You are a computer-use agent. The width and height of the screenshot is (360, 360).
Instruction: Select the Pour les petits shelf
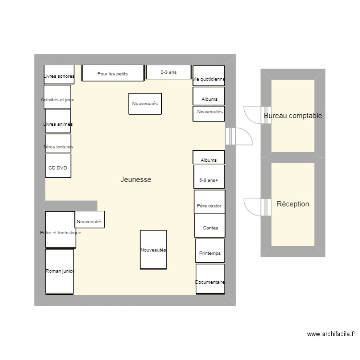pos(113,73)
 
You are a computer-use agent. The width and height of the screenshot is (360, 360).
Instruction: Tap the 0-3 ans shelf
pos(168,72)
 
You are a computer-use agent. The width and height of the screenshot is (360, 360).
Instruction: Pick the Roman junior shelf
pos(60,271)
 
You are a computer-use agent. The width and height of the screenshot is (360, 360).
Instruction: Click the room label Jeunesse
pos(136,180)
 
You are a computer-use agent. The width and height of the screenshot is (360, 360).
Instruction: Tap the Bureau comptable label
pos(293,116)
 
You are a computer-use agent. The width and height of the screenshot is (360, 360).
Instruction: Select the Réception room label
pos(293,204)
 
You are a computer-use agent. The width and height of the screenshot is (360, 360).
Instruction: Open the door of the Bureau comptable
pos(252,114)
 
